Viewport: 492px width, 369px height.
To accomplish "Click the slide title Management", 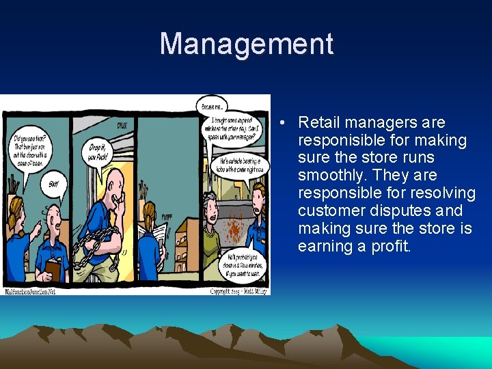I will coord(246,44).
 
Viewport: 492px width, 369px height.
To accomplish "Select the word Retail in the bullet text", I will coord(319,123).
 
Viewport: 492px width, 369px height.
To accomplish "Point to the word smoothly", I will coord(334,176).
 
